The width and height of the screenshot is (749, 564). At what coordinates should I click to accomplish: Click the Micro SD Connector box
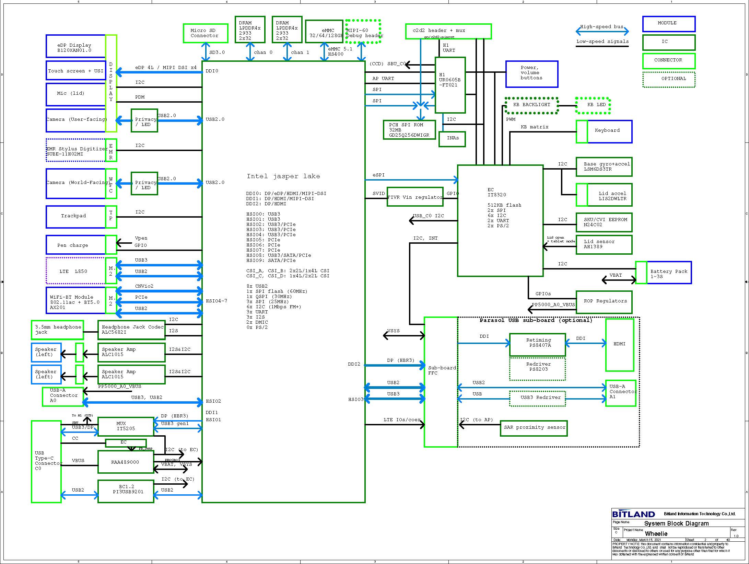click(205, 33)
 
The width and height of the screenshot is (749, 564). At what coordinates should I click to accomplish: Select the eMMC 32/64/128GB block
click(324, 31)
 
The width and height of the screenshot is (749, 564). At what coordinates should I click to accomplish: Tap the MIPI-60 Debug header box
click(363, 32)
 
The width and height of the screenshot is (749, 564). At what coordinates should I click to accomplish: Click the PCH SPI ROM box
click(409, 130)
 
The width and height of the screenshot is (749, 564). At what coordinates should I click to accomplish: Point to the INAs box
click(452, 139)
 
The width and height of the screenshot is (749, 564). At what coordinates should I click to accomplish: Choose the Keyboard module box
click(609, 131)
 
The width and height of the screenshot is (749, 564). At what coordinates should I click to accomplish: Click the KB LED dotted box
click(593, 105)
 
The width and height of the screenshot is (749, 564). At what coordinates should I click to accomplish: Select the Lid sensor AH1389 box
click(604, 244)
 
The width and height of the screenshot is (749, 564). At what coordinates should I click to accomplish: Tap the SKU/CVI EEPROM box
click(604, 222)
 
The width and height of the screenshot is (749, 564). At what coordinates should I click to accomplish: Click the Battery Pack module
click(668, 273)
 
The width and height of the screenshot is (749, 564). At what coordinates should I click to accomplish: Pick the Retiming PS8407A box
click(537, 344)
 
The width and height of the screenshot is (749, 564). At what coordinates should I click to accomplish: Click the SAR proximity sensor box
click(534, 428)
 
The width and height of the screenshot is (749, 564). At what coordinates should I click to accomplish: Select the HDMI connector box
click(619, 345)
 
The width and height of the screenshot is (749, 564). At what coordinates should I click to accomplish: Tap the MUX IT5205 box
click(126, 427)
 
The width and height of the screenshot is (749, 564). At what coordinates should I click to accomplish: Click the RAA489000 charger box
click(126, 462)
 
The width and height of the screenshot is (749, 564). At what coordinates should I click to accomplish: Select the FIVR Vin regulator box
click(415, 197)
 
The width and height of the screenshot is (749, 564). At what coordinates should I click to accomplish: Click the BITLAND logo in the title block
click(633, 514)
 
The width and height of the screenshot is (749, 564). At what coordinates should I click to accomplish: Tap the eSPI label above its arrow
click(378, 175)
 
